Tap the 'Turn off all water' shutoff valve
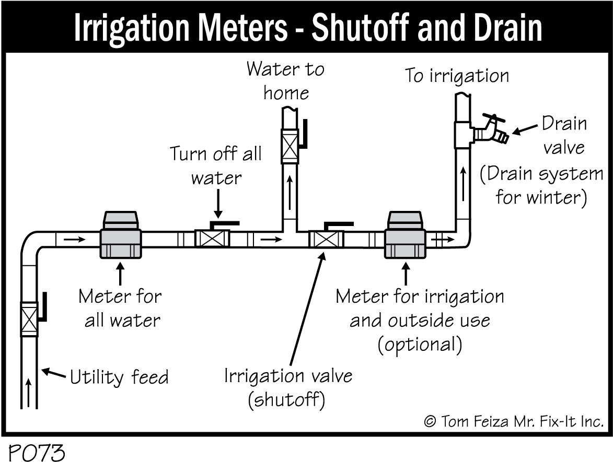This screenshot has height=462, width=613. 212,239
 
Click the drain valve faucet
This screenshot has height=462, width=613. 490,132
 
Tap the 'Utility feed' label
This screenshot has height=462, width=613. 119,376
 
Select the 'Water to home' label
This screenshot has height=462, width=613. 285,81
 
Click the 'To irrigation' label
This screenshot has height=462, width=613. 457,76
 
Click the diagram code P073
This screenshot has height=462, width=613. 36,452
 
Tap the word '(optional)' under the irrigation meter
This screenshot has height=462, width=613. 420,345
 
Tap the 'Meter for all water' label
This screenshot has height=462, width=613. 120,308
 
